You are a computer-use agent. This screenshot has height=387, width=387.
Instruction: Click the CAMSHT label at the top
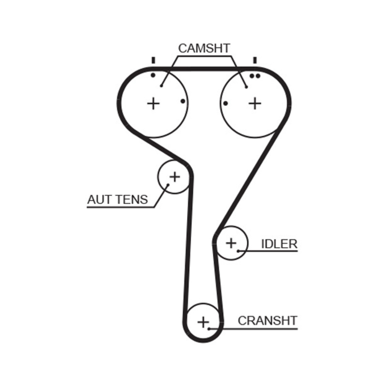pyautogui.click(x=204, y=48)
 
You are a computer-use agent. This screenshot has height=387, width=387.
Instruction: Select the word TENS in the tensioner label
pyautogui.click(x=131, y=199)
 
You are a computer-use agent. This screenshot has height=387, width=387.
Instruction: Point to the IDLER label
pyautogui.click(x=279, y=243)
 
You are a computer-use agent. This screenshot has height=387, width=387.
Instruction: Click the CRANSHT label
pyautogui.click(x=268, y=320)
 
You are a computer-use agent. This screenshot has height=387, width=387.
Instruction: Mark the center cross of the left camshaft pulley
pyautogui.click(x=153, y=103)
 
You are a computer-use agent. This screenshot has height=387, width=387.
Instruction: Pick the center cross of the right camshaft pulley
pyautogui.click(x=255, y=103)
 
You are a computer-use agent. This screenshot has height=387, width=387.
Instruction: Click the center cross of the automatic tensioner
pyautogui.click(x=174, y=177)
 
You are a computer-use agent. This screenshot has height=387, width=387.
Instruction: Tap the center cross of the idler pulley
pyautogui.click(x=231, y=242)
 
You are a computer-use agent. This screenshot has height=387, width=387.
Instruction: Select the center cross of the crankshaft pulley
pyautogui.click(x=204, y=321)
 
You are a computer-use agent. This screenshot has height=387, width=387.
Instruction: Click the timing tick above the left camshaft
pyautogui.click(x=153, y=60)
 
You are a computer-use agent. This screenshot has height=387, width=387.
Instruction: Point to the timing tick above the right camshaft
pyautogui.click(x=254, y=60)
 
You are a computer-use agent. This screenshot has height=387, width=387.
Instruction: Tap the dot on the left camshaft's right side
pyautogui.click(x=182, y=101)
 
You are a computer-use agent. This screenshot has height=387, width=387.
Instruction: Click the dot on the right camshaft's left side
pyautogui.click(x=226, y=103)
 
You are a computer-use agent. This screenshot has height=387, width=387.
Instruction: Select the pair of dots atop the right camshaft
pyautogui.click(x=255, y=76)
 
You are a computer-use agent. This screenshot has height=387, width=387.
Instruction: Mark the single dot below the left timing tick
pyautogui.click(x=153, y=75)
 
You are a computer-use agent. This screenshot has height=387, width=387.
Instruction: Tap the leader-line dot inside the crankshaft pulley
pyautogui.click(x=209, y=328)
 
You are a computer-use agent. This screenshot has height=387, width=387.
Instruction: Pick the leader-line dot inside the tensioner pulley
pyautogui.click(x=167, y=184)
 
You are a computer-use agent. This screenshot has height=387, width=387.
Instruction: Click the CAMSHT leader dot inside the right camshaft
pyautogui.click(x=246, y=87)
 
